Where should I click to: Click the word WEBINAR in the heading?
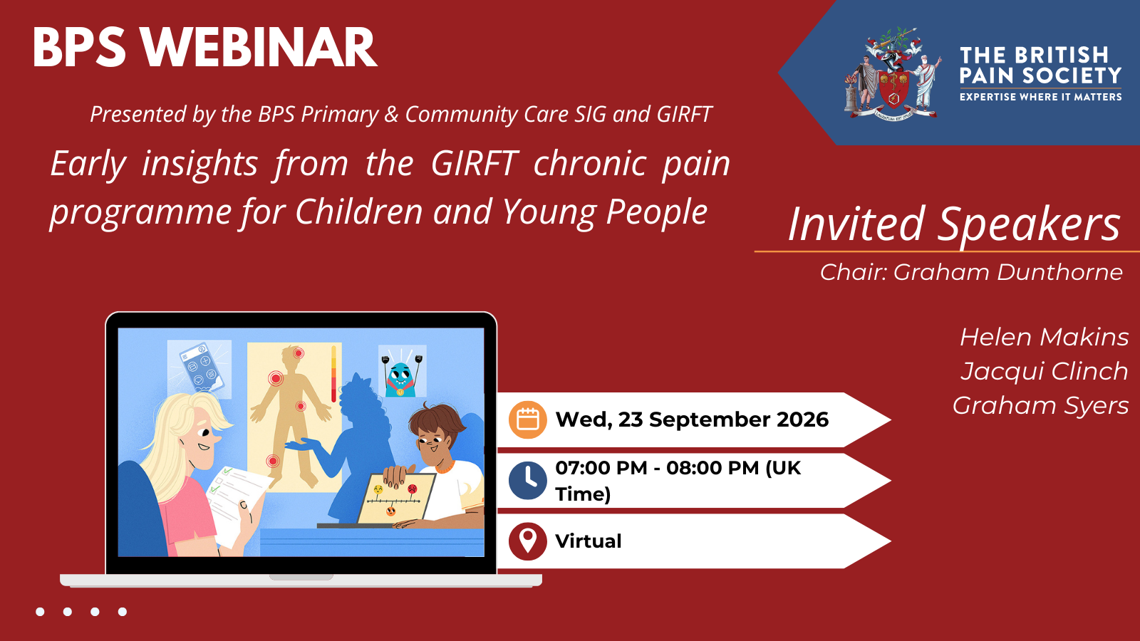[259, 47]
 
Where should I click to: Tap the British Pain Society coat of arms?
[893, 74]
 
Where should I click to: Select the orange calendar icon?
[528, 419]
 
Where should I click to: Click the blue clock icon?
[528, 481]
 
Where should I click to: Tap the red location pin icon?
[528, 541]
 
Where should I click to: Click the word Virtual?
[589, 541]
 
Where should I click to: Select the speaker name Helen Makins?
[1045, 338]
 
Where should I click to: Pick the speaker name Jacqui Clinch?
[1045, 372]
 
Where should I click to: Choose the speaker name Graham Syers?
[1041, 406]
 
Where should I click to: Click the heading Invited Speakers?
[954, 224]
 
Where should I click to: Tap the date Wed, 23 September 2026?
[692, 419]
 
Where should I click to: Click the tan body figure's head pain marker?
[299, 353]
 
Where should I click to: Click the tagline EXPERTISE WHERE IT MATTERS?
[1041, 97]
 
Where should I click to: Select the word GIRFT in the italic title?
[475, 164]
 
